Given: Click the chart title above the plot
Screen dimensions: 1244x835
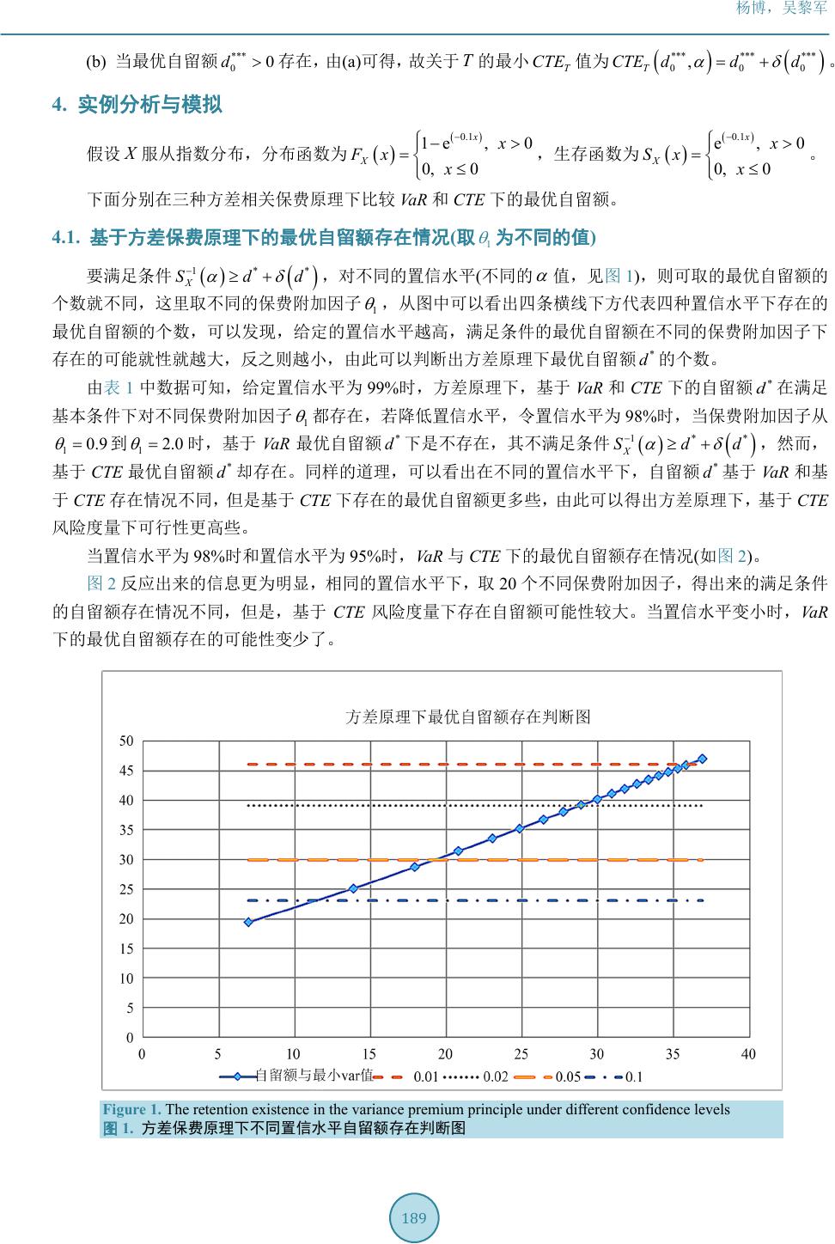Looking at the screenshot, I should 467,717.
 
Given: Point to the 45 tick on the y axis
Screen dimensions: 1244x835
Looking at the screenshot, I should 126,771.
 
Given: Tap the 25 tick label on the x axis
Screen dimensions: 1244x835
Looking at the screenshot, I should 521,1054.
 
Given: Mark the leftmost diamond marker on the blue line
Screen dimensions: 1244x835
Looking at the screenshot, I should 248,922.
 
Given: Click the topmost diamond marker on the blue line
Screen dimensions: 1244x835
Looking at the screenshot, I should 703,759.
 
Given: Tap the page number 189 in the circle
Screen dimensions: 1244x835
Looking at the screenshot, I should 414,1217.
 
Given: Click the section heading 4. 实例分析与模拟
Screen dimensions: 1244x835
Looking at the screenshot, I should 137,105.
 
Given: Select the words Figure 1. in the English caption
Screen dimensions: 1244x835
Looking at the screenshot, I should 131,1109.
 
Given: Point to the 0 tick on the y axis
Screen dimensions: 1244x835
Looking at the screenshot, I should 130,1038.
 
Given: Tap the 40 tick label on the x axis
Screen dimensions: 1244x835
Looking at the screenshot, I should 748,1054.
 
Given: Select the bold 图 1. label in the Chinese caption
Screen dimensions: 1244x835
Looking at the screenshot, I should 118,1128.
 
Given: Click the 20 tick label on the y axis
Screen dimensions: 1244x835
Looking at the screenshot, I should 126,918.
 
